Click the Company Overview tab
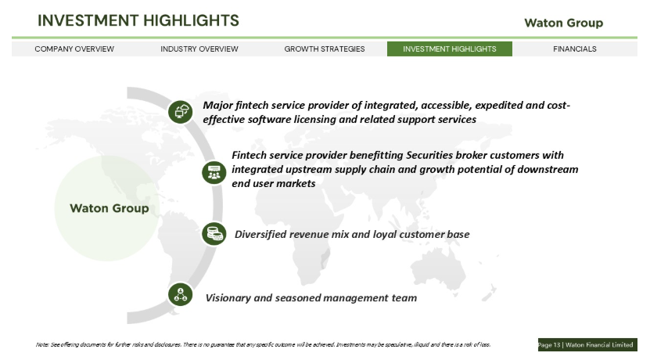point(74,49)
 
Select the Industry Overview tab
point(199,49)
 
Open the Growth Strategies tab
point(325,49)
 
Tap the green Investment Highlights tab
point(450,49)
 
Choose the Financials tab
point(575,49)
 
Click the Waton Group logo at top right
point(564,23)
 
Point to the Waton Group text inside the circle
point(109,208)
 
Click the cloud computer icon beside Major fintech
point(181,112)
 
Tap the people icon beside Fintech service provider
point(214,172)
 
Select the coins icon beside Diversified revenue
point(214,233)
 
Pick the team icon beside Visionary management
point(181,294)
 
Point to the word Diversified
point(260,234)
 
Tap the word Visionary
point(228,298)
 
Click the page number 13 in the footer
point(556,345)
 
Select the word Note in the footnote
point(42,344)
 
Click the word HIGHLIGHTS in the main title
point(191,20)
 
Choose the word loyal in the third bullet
point(385,234)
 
